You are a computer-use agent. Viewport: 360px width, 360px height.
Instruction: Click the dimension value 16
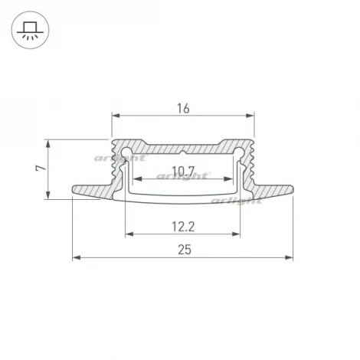[x=183, y=108]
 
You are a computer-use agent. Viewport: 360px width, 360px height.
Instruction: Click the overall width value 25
[x=183, y=250]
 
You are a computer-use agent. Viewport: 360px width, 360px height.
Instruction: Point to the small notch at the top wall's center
[x=183, y=142]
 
